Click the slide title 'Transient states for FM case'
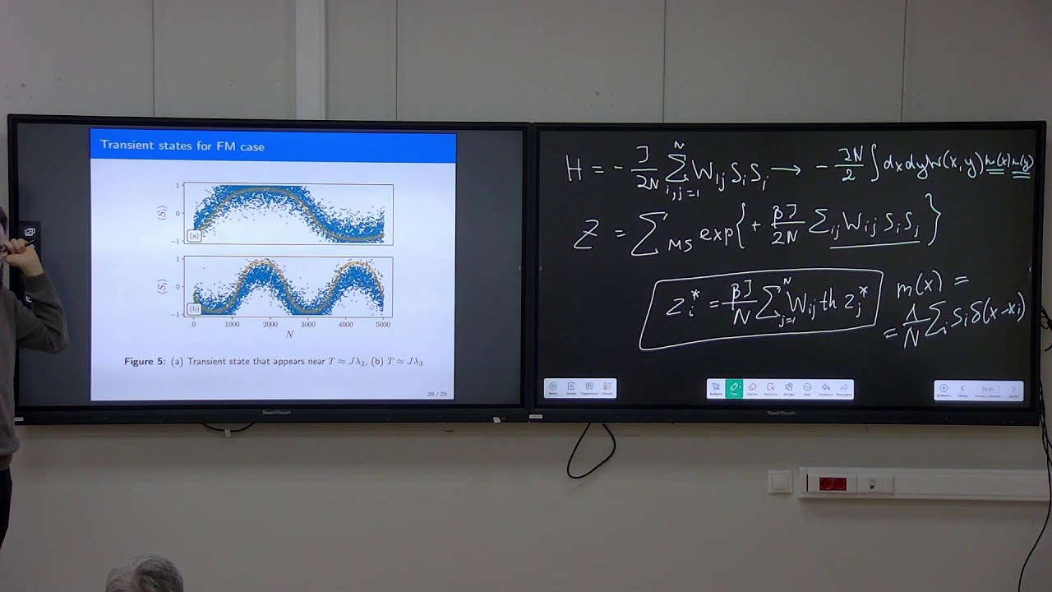tap(182, 146)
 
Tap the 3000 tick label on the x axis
tap(307, 325)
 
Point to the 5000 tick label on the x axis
tap(383, 325)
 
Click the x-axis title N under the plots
tap(289, 335)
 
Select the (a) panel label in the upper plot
tap(194, 236)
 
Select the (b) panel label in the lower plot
tap(194, 309)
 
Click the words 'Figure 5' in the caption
tap(144, 362)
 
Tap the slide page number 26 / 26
tap(436, 394)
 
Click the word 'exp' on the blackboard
tap(717, 234)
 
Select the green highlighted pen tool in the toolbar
tap(734, 388)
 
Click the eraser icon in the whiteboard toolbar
tap(752, 388)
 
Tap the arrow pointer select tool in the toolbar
tap(716, 388)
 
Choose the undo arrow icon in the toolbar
tap(825, 388)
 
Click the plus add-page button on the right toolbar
tap(944, 389)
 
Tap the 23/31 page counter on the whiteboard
tap(988, 389)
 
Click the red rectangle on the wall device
tap(833, 483)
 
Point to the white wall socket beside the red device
tap(780, 482)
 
